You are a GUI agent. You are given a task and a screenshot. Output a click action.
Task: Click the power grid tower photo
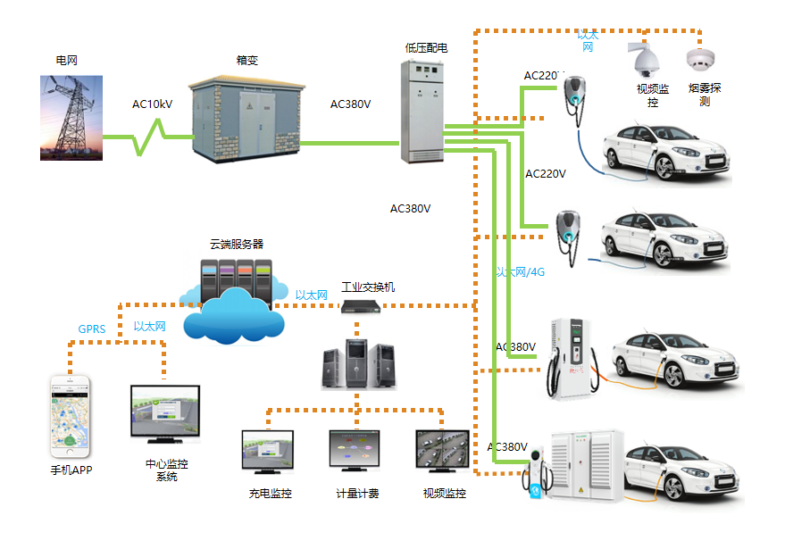click(x=71, y=118)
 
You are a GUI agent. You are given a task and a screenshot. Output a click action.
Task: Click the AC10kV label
click(x=152, y=104)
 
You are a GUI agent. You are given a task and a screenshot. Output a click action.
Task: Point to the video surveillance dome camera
click(x=643, y=59)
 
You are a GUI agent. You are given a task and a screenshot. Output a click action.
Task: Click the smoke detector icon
click(x=699, y=60)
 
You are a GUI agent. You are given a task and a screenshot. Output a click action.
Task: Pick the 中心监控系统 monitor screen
click(x=164, y=414)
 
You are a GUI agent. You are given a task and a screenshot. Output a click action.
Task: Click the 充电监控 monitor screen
click(x=268, y=452)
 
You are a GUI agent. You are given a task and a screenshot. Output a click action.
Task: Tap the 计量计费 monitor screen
click(x=355, y=452)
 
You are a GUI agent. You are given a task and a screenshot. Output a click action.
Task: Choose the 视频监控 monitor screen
click(x=443, y=452)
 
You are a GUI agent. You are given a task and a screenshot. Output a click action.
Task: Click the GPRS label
click(x=91, y=329)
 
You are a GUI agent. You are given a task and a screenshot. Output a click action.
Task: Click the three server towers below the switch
click(x=357, y=363)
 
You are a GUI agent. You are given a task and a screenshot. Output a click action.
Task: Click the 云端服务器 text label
click(x=237, y=244)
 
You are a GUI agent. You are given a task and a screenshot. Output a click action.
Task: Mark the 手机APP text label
click(x=71, y=470)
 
